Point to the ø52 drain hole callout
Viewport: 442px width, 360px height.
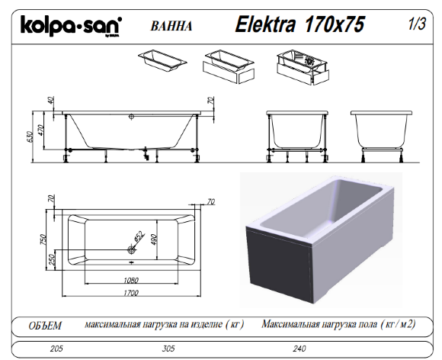point(135,239)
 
